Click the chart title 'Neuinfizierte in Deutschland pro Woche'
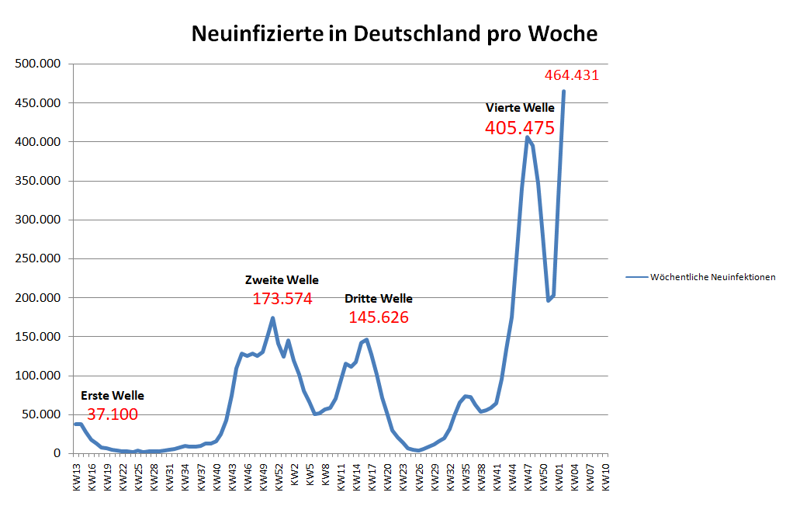pos(394,34)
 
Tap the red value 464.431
pos(572,75)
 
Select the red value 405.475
pos(519,128)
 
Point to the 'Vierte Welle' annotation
pos(520,107)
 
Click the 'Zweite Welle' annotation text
pos(282,280)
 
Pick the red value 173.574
pos(282,299)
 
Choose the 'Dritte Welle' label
pos(379,299)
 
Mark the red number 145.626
pos(379,317)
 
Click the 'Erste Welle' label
pos(113,396)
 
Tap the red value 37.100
pos(113,414)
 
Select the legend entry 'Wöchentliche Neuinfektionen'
pos(712,277)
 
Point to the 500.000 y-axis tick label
pos(38,64)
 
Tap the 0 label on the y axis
pos(57,453)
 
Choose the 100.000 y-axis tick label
pos(38,376)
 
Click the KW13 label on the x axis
pos(77,477)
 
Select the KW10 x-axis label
pos(605,477)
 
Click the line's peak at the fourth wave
pos(528,137)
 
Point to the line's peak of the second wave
pos(272,317)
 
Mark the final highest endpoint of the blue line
pos(563,92)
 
